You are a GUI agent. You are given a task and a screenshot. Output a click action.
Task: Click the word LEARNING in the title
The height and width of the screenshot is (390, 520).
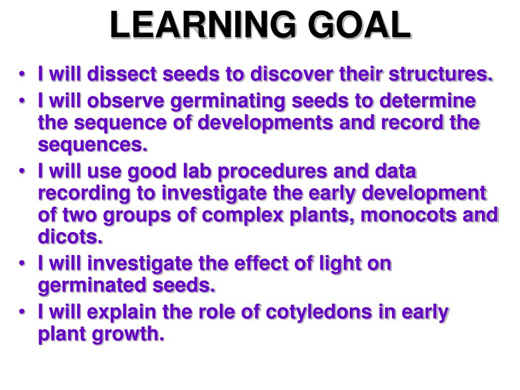coord(203,24)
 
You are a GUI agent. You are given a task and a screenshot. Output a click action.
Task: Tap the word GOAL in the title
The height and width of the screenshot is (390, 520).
coord(360,24)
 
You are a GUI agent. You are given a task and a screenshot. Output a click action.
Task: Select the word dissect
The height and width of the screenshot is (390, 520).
coord(122,74)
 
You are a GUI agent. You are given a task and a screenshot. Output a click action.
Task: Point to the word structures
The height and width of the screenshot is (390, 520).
coord(441,74)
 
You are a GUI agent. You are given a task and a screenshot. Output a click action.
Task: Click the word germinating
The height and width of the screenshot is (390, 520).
coord(228,102)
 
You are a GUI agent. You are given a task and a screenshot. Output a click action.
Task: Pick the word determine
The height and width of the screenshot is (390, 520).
coord(428,101)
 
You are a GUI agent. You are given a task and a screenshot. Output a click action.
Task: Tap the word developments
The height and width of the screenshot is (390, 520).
coord(266,123)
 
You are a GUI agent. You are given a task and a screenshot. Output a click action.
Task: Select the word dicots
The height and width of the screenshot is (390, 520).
coord(70,237)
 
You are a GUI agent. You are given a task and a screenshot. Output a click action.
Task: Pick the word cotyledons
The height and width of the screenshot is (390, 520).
coord(319,313)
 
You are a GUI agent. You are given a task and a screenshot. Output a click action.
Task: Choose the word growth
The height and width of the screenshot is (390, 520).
coord(128,335)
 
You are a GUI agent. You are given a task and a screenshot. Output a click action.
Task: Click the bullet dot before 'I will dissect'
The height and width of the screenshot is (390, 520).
coord(22,74)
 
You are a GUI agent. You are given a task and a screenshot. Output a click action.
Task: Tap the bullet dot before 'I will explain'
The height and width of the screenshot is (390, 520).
coord(22,312)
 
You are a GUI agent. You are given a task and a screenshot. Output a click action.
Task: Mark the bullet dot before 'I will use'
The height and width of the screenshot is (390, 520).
coord(22,172)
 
